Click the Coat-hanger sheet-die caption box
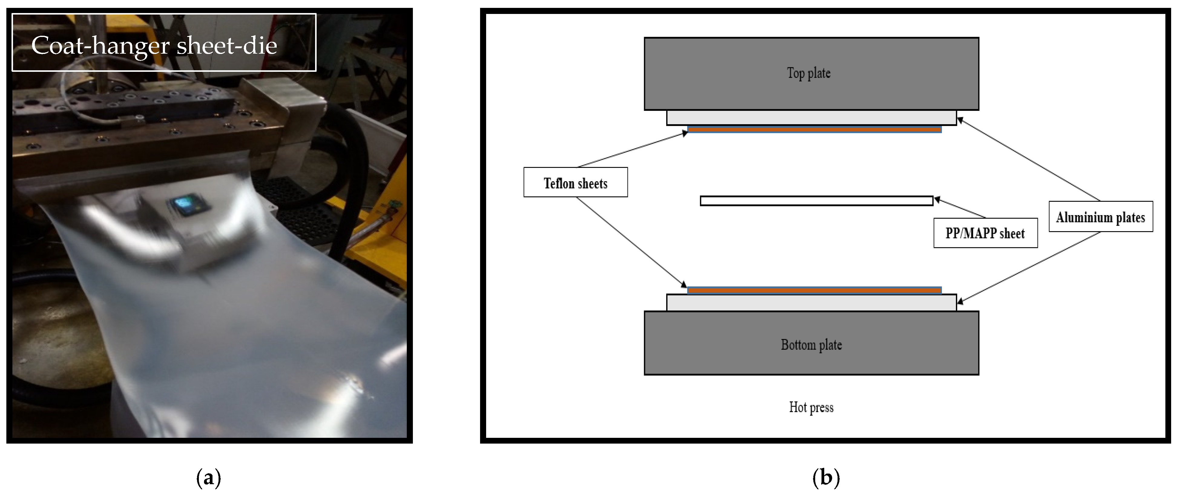[x=164, y=43]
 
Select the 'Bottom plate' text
[x=811, y=345]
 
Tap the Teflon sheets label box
[x=575, y=182]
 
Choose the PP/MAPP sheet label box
[x=985, y=233]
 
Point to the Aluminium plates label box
[x=1101, y=217]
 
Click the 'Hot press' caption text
[x=811, y=407]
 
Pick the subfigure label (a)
[x=209, y=478]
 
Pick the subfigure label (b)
[x=826, y=478]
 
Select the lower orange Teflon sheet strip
[x=814, y=290]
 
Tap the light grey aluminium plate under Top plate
[x=812, y=117]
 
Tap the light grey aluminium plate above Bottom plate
[x=812, y=303]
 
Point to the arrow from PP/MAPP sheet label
[x=960, y=208]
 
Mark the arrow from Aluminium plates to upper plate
[x=1029, y=159]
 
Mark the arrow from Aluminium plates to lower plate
[x=1029, y=268]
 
